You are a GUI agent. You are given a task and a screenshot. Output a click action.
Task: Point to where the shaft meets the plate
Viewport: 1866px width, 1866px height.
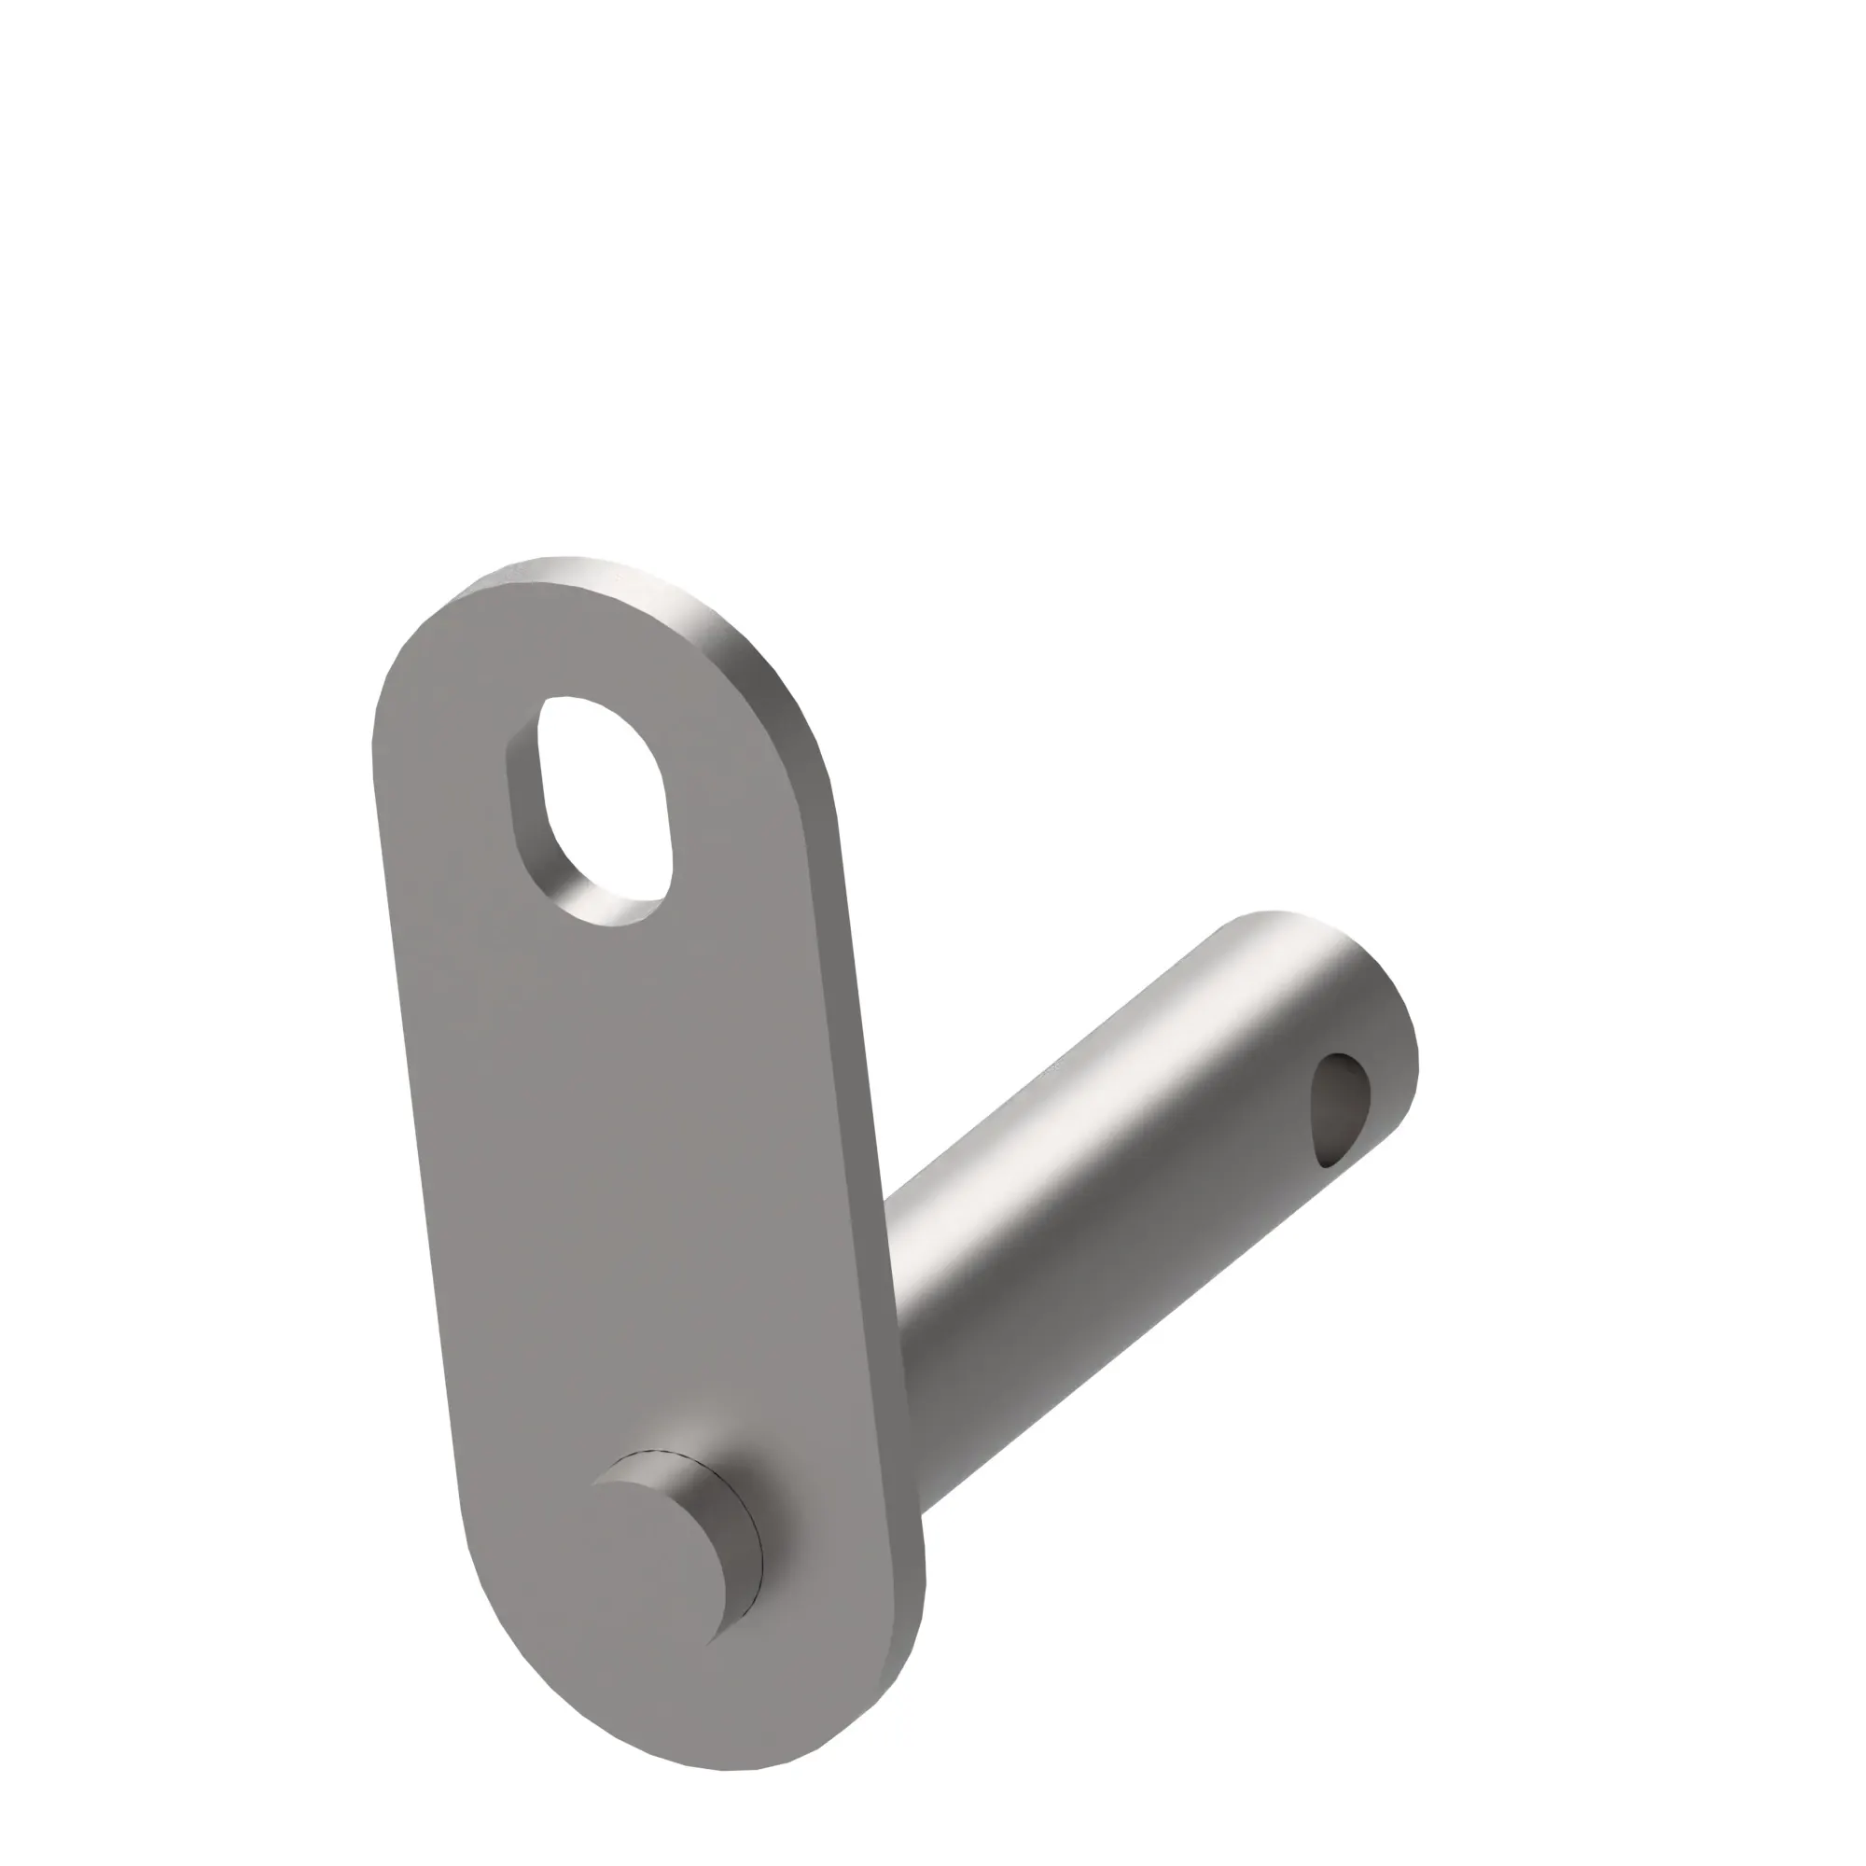[903, 1304]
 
